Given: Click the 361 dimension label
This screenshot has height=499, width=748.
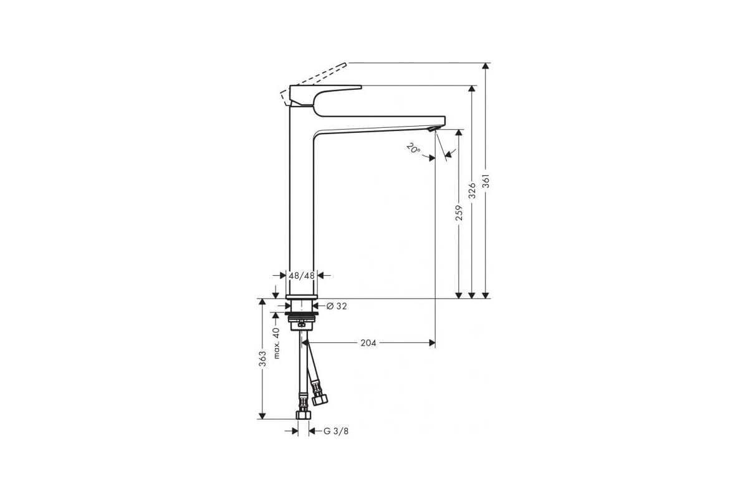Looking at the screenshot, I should pyautogui.click(x=487, y=181).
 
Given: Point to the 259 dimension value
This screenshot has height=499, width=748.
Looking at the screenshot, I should pyautogui.click(x=459, y=213).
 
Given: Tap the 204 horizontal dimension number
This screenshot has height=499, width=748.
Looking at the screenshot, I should pyautogui.click(x=368, y=342).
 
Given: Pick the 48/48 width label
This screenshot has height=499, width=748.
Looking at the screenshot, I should pyautogui.click(x=302, y=275).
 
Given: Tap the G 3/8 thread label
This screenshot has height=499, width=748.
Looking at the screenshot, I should pyautogui.click(x=336, y=431).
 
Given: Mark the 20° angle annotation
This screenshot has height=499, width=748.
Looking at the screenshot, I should pyautogui.click(x=413, y=149).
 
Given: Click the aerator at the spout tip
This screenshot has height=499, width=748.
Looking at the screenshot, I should pyautogui.click(x=432, y=128).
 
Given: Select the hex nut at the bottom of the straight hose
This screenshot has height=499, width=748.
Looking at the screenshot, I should pyautogui.click(x=304, y=414).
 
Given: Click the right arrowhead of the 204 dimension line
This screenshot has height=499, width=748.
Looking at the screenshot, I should pyautogui.click(x=431, y=342).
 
